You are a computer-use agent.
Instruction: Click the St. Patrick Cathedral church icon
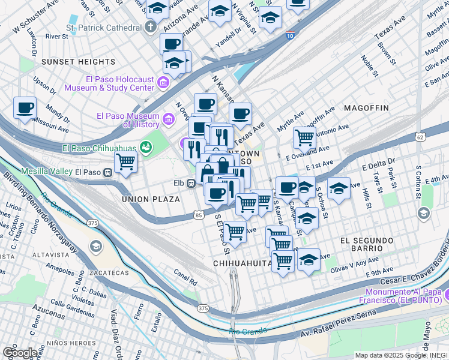tap(150, 28)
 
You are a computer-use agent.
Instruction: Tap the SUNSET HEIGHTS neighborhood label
tap(78, 62)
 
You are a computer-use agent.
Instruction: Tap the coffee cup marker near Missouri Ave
tap(25, 109)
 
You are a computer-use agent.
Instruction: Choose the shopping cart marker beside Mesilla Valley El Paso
tap(125, 162)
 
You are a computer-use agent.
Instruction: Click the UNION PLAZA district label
tap(151, 199)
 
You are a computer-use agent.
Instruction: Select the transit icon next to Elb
tap(190, 184)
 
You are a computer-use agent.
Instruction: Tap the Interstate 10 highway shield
tap(291, 35)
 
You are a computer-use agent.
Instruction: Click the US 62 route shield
tap(420, 137)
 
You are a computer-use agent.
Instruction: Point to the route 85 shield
tap(198, 215)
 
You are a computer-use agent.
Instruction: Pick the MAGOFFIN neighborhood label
tap(366, 108)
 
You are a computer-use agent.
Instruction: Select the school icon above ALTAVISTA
tap(95, 246)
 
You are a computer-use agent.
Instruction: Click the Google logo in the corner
tap(19, 353)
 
